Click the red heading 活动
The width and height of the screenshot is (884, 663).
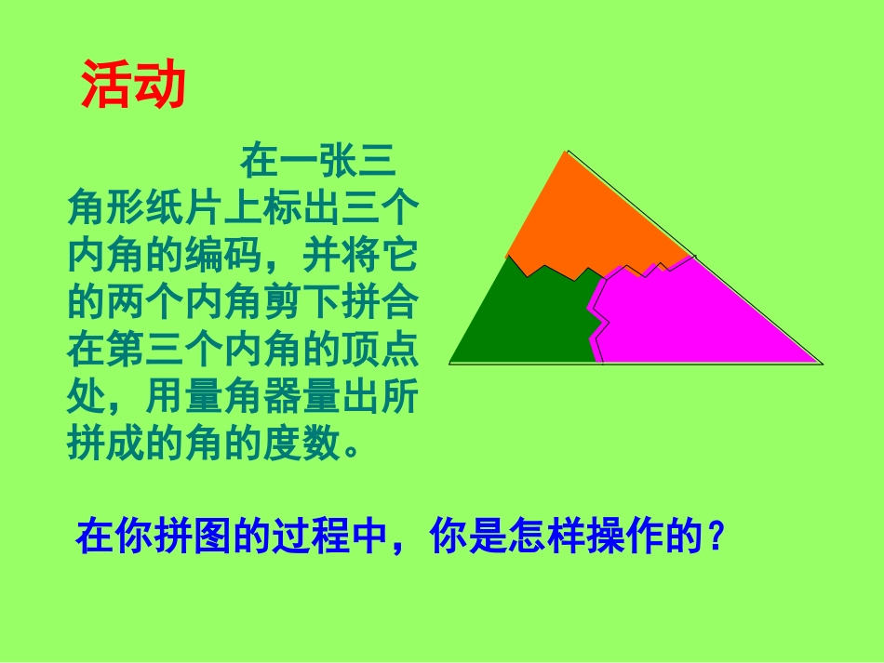(134, 86)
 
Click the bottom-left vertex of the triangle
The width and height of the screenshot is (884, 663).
(450, 362)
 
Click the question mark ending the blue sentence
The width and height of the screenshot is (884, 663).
(715, 537)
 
